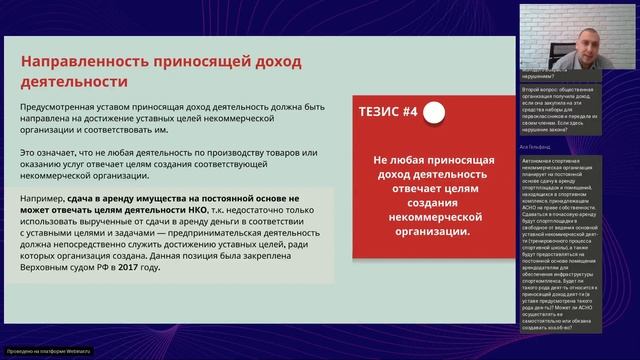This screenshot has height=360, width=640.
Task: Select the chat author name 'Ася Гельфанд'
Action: coord(541,145)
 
